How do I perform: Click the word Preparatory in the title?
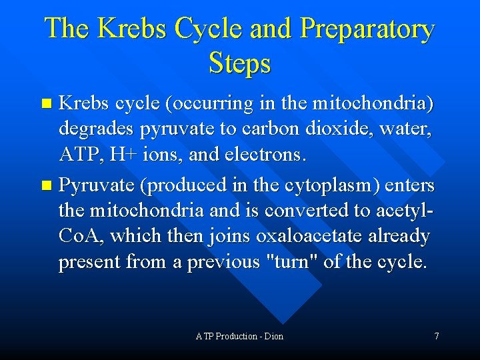tap(367, 29)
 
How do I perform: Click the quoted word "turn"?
tap(291, 262)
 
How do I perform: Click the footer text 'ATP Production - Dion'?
tap(239, 336)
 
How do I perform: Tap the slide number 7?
tap(437, 336)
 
